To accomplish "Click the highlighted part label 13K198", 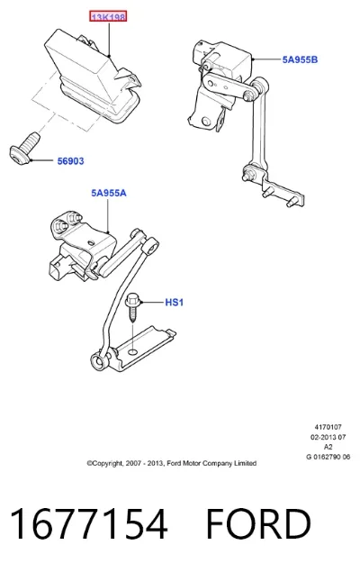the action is (x=108, y=17).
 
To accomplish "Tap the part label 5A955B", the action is (x=300, y=59).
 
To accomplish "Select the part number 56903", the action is (x=71, y=161).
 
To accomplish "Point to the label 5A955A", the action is (x=109, y=193).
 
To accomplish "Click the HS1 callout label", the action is (x=175, y=303).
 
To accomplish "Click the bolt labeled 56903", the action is (x=24, y=150).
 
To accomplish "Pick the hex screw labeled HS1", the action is (x=132, y=307).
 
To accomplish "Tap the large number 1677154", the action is (x=89, y=523).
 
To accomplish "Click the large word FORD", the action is (x=258, y=523).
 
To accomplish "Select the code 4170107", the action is (x=328, y=427).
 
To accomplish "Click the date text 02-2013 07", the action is (x=328, y=437).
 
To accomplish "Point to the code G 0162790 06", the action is (x=328, y=457).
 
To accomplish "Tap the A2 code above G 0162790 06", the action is (x=328, y=447).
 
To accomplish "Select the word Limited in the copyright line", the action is (x=245, y=463).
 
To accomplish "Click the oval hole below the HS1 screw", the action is (x=133, y=351).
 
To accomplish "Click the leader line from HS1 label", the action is (x=153, y=303).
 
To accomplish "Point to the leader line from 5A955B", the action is (x=266, y=59).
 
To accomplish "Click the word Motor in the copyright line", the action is (x=191, y=463).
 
